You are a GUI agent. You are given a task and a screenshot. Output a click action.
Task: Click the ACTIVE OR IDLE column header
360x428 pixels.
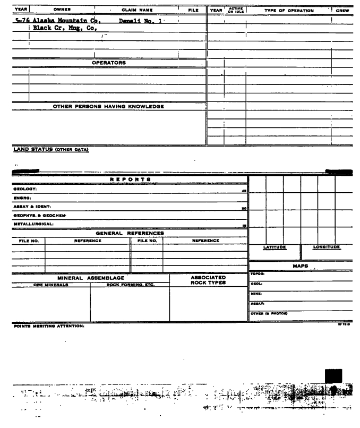(x=234, y=10)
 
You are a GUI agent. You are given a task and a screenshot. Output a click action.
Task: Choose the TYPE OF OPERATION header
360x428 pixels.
(x=289, y=10)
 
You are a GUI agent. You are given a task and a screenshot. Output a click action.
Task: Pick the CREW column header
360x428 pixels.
(x=346, y=10)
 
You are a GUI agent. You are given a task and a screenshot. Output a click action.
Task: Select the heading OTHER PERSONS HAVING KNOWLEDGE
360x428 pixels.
(x=108, y=106)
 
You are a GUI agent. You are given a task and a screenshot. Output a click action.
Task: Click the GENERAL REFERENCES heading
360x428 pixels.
(x=130, y=233)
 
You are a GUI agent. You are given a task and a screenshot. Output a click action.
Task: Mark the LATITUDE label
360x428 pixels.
(x=275, y=247)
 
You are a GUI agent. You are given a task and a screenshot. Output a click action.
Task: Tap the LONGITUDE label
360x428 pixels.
(x=327, y=247)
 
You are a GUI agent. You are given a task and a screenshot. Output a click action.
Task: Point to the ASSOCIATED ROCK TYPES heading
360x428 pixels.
(x=208, y=279)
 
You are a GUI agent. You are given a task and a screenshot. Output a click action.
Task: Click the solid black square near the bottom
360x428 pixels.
(x=333, y=376)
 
